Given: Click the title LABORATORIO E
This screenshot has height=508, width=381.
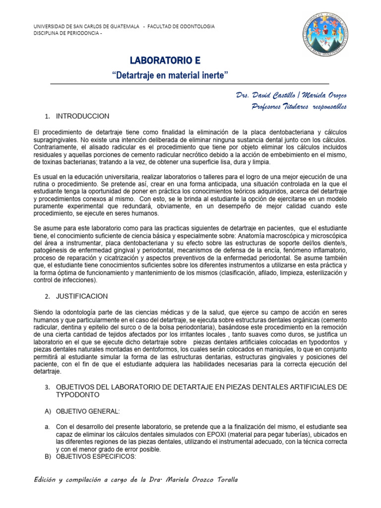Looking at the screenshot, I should coord(165,61).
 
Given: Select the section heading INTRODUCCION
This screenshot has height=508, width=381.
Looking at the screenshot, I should coord(82,116).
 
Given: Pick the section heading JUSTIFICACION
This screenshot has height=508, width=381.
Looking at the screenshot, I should coord(82,296).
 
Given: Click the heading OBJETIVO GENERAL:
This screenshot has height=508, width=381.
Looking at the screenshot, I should coord(88,412).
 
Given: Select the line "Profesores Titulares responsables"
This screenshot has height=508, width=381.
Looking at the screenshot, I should coord(299,106).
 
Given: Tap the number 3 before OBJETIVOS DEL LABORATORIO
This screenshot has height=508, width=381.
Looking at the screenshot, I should coord(47,386).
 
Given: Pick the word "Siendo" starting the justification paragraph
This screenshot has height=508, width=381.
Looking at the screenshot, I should coord(43,312).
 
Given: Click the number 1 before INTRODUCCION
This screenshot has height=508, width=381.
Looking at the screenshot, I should coord(47,117).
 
